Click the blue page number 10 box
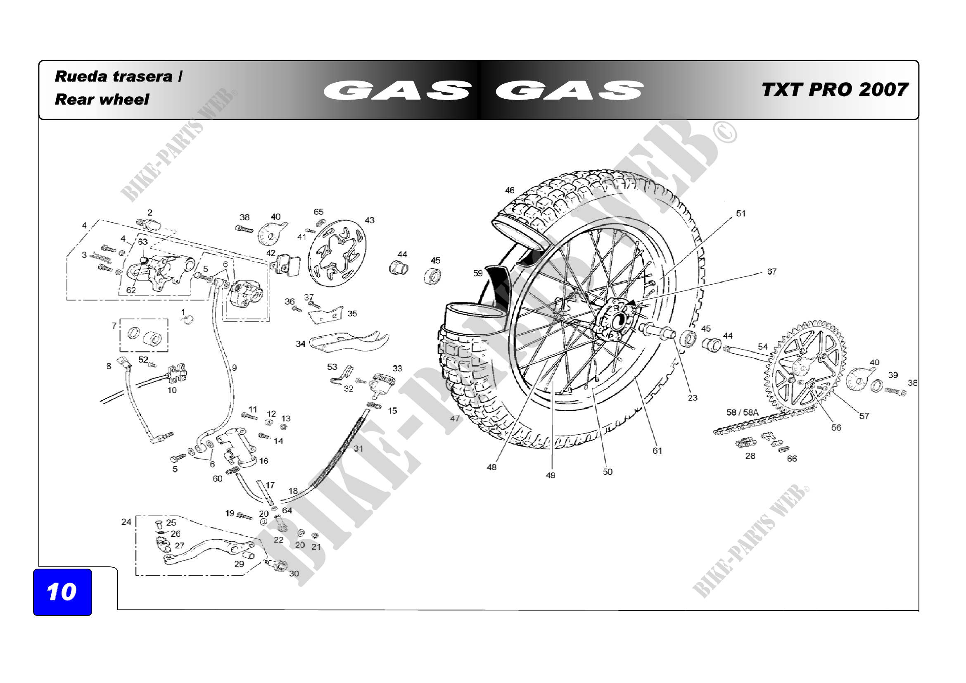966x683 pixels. tap(62, 592)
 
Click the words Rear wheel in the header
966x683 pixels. tap(102, 99)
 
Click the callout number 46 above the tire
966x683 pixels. tap(510, 190)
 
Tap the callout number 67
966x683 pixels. tap(771, 271)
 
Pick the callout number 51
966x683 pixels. tap(741, 213)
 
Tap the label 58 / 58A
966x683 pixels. tap(742, 412)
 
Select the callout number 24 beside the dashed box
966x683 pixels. tap(126, 522)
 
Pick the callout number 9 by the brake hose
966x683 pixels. tap(234, 367)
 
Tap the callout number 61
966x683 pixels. tap(657, 450)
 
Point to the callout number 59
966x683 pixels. tap(477, 273)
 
